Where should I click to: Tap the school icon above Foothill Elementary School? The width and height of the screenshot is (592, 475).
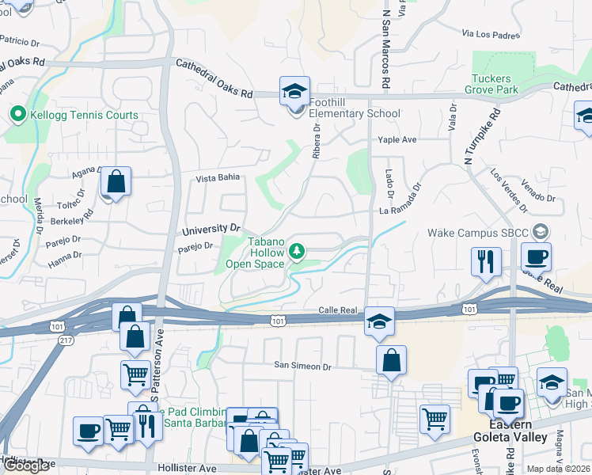pyautogui.click(x=294, y=91)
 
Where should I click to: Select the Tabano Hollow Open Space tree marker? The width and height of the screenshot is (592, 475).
pyautogui.click(x=297, y=252)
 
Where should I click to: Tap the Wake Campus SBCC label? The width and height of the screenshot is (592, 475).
pyautogui.click(x=479, y=233)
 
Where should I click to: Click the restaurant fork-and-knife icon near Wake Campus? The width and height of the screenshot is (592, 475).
pyautogui.click(x=486, y=260)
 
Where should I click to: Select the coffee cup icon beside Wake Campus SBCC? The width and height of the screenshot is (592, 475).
pyautogui.click(x=536, y=257)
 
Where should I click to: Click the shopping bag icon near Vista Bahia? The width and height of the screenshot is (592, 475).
pyautogui.click(x=116, y=181)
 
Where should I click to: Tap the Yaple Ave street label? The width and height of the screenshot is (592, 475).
pyautogui.click(x=397, y=140)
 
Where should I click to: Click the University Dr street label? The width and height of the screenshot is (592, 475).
pyautogui.click(x=211, y=229)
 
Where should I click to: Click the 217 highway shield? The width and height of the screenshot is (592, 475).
pyautogui.click(x=66, y=340)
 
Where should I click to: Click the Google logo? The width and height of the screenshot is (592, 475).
pyautogui.click(x=27, y=465)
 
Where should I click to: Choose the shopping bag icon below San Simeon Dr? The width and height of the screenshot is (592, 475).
pyautogui.click(x=391, y=360)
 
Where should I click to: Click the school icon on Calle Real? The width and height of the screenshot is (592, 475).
pyautogui.click(x=379, y=321)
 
